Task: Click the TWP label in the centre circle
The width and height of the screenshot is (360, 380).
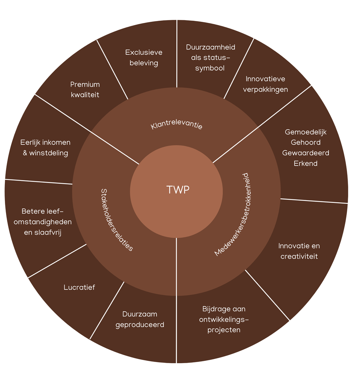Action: [178, 190]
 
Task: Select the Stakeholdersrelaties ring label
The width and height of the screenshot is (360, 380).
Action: [117, 219]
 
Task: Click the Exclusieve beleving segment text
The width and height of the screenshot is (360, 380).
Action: [144, 57]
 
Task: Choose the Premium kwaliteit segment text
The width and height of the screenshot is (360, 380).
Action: [85, 89]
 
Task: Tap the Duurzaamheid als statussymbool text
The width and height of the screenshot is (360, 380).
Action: [211, 57]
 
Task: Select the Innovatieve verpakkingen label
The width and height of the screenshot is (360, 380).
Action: [265, 84]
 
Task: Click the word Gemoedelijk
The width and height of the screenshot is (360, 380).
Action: [306, 132]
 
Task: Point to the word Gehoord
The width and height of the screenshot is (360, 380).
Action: [306, 142]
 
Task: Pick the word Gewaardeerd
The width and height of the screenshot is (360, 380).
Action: [306, 153]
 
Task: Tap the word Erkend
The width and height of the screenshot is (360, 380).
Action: [306, 163]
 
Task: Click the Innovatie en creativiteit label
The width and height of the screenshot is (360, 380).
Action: [299, 251]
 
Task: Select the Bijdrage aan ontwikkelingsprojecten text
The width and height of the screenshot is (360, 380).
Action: [224, 320]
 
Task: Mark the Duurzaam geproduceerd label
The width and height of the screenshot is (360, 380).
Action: [140, 319]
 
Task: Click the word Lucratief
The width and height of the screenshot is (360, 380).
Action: [79, 287]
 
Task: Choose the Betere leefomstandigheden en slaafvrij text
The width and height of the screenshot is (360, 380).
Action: [42, 222]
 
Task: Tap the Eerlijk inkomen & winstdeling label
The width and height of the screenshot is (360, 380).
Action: [45, 148]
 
